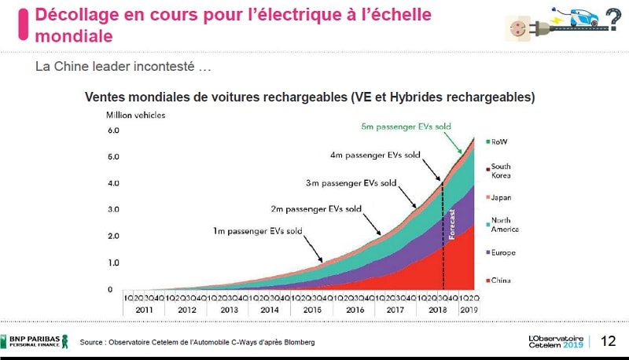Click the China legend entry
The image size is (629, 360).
[502, 281]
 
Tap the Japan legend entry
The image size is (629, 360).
[502, 198]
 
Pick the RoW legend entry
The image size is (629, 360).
[499, 142]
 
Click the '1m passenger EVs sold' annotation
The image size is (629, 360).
[258, 231]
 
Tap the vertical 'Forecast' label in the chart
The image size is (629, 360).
[452, 224]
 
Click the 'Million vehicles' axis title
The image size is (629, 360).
[136, 115]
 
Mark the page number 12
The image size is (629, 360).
[608, 341]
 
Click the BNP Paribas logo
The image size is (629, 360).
[36, 341]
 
